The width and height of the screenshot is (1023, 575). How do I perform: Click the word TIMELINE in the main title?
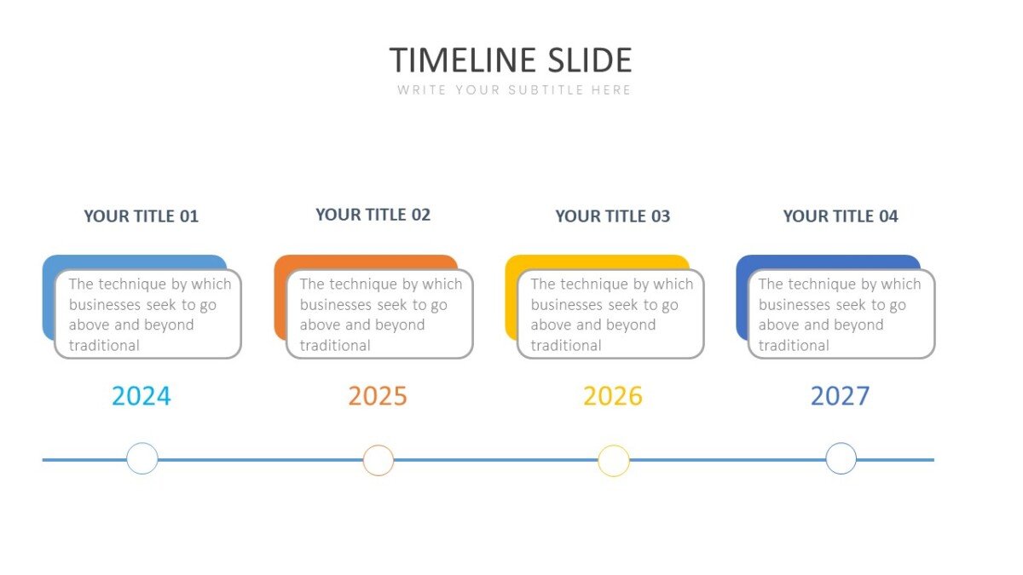[x=462, y=60]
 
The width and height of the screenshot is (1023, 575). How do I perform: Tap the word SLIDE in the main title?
[x=590, y=60]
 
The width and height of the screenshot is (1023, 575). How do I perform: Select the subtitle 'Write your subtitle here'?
[x=514, y=90]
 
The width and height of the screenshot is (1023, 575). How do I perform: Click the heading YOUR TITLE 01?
[x=142, y=216]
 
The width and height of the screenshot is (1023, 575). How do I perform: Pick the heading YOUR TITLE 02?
[x=373, y=215]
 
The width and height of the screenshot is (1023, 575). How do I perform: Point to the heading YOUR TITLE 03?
[x=613, y=216]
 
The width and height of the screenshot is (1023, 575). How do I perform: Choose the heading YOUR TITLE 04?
[x=841, y=216]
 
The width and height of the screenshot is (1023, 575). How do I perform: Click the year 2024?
[x=142, y=395]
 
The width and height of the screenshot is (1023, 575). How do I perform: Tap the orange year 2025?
[x=377, y=395]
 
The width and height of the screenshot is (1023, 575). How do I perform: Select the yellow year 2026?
[x=613, y=395]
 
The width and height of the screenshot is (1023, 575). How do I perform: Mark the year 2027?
[x=841, y=395]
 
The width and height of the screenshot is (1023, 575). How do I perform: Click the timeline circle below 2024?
[x=142, y=443]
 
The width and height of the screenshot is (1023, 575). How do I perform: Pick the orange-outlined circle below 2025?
[x=379, y=446]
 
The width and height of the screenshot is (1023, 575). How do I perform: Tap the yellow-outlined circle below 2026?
[x=614, y=446]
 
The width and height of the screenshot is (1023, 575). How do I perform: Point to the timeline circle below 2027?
[x=841, y=443]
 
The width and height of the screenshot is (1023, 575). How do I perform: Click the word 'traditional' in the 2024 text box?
[x=104, y=346]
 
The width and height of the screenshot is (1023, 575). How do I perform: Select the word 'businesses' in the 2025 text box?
[x=336, y=305]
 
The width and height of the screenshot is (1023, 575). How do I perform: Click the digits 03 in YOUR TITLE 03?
[x=661, y=216]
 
